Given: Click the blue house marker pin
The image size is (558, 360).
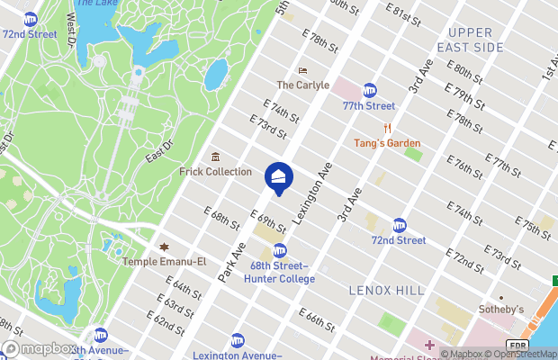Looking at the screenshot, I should [279, 176].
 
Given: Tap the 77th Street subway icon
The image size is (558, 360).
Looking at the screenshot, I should [369, 90].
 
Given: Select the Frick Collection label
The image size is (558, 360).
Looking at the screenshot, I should [215, 171].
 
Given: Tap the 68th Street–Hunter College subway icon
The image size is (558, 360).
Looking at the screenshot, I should [280, 251].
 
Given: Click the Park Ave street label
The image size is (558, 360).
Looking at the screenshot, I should [232, 260].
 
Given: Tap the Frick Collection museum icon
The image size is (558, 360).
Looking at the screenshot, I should [215, 157].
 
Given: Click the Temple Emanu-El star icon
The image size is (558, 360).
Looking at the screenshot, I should [164, 247].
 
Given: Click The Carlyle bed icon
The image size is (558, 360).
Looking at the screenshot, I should [303, 70].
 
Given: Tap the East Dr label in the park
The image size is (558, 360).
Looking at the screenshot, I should [159, 150].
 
